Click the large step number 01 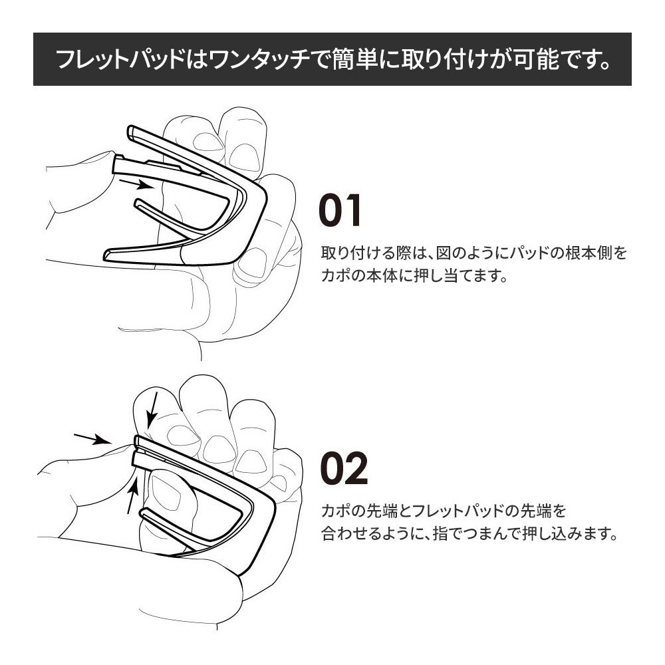coord(340,210)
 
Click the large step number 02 coord(344,468)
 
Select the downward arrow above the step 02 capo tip coord(152,410)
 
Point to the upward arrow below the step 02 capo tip coord(133,495)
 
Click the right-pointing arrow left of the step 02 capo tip coord(92,439)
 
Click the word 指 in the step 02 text coord(440,533)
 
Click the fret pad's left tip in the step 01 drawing coord(115,164)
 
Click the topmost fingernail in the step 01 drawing coord(245,156)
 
